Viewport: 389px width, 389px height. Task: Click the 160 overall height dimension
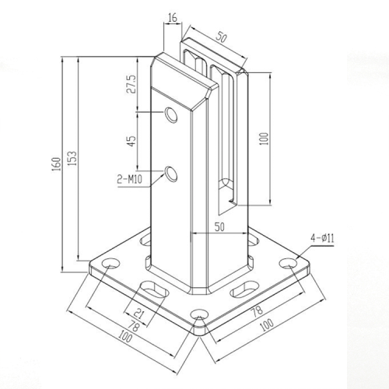tap(55, 164)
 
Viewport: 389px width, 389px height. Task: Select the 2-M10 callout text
tap(130, 180)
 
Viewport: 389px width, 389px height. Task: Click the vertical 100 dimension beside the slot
tap(265, 138)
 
